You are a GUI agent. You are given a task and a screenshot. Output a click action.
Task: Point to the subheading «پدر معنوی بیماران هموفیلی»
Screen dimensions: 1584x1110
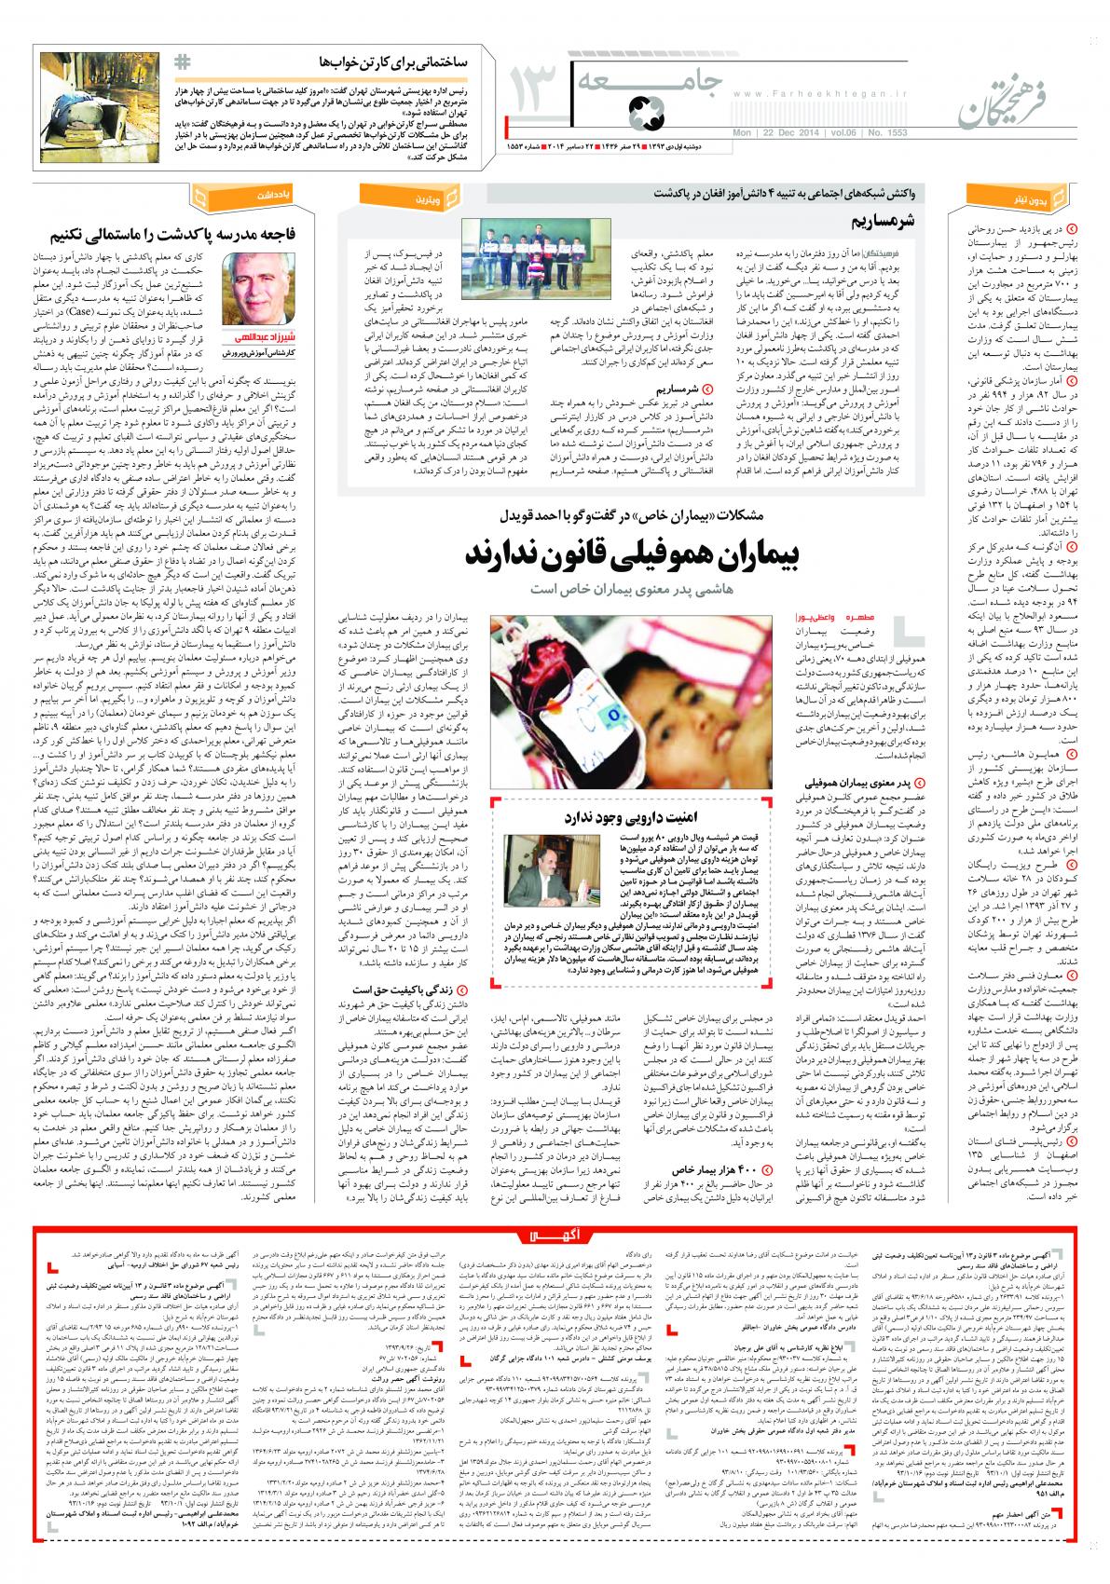pyautogui.click(x=839, y=785)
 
